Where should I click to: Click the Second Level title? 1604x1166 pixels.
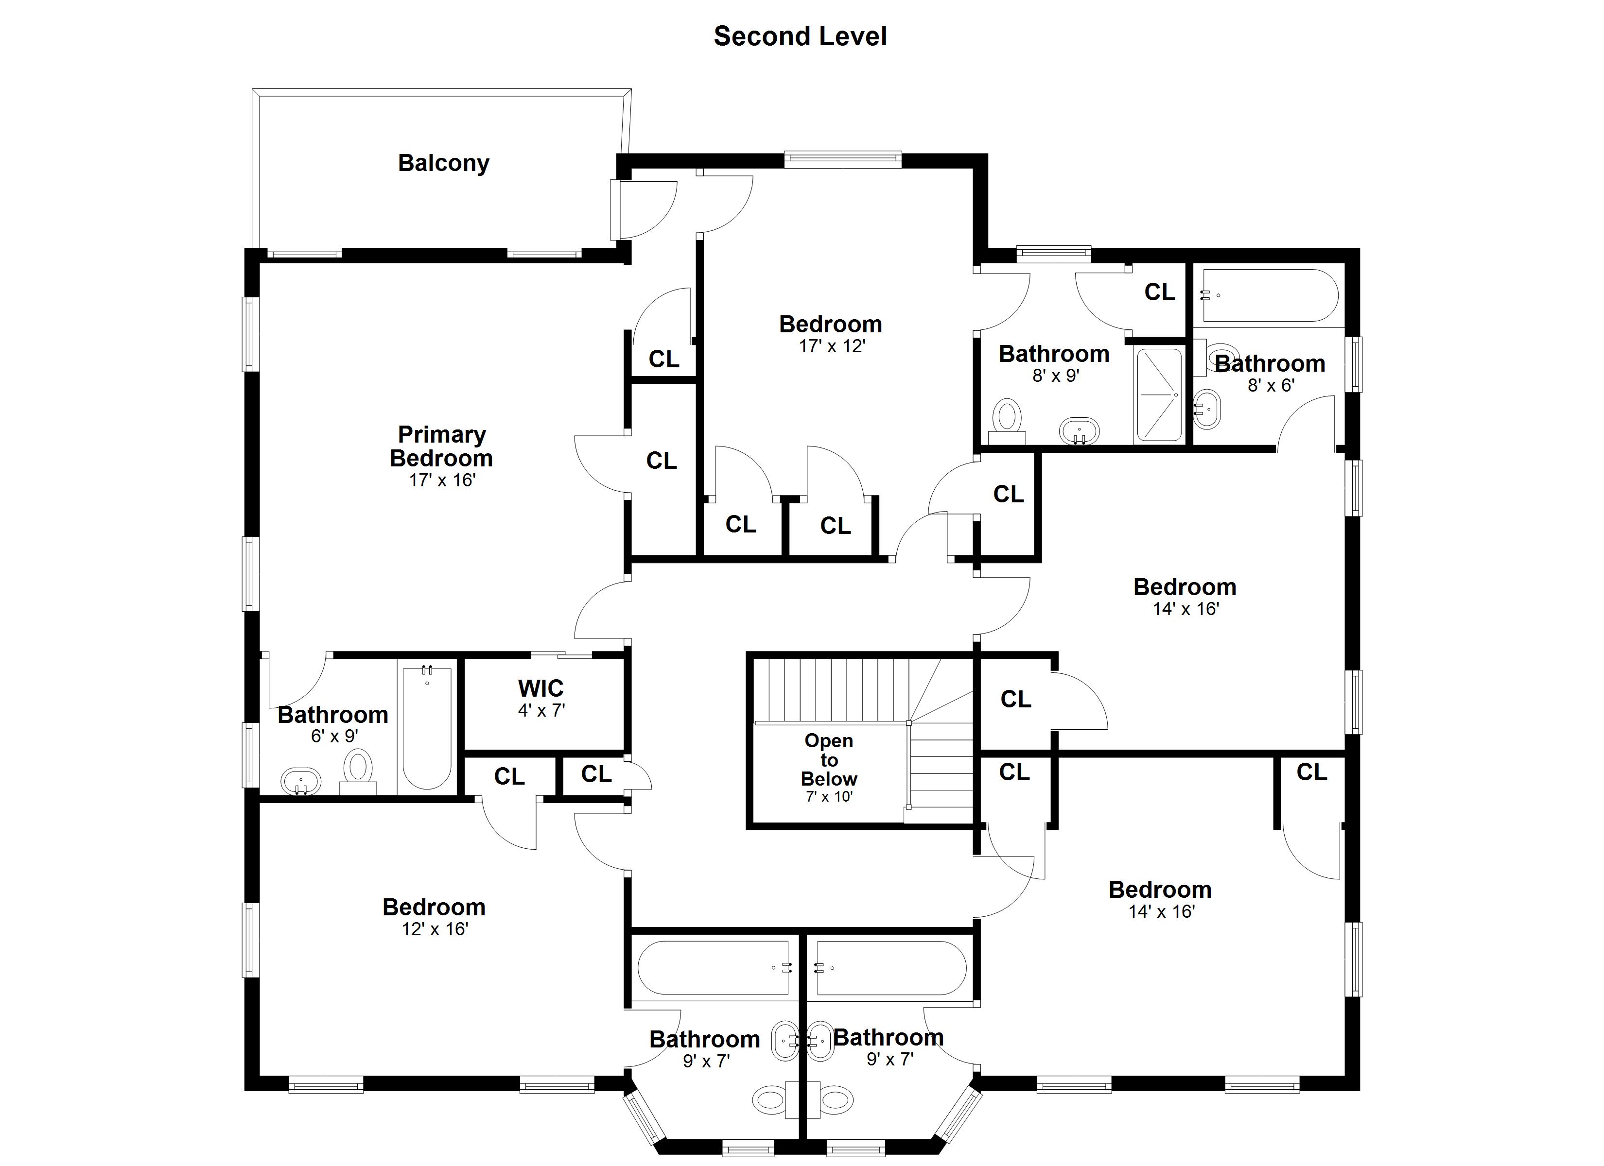click(800, 36)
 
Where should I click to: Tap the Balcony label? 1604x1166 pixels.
click(443, 163)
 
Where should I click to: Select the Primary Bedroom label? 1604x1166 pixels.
click(441, 446)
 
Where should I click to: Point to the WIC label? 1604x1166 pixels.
click(540, 688)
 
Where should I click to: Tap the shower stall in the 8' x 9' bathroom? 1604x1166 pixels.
click(1158, 394)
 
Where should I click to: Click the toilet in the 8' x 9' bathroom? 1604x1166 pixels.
click(1007, 417)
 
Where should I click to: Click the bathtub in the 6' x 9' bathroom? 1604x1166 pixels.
click(426, 728)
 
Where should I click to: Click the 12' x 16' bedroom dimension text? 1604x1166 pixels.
click(435, 929)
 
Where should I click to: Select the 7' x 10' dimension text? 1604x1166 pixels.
click(829, 796)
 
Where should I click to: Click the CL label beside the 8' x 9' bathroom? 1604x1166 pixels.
click(1159, 291)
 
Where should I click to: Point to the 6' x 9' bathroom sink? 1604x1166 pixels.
click(300, 783)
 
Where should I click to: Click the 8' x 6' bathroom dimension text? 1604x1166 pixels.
click(1271, 385)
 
